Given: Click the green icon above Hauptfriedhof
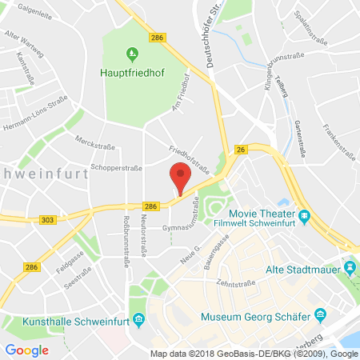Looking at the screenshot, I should (x=133, y=54).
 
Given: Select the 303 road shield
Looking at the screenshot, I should (x=14, y=218).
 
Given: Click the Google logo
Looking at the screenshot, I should (x=26, y=349).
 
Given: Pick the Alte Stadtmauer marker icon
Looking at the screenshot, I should (x=348, y=265).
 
